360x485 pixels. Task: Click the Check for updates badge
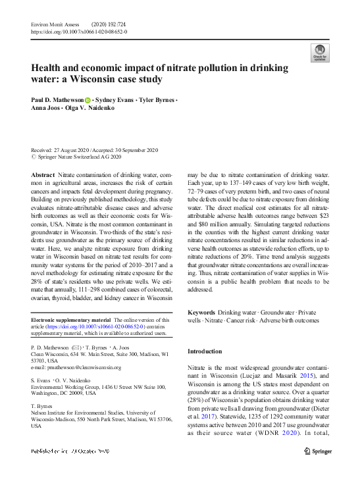(320, 53)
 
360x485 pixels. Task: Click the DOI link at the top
(80, 31)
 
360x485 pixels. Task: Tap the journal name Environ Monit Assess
(55, 24)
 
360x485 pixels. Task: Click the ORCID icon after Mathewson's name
(88, 99)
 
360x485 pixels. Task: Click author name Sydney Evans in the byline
(116, 99)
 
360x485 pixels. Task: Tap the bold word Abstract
(43, 175)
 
